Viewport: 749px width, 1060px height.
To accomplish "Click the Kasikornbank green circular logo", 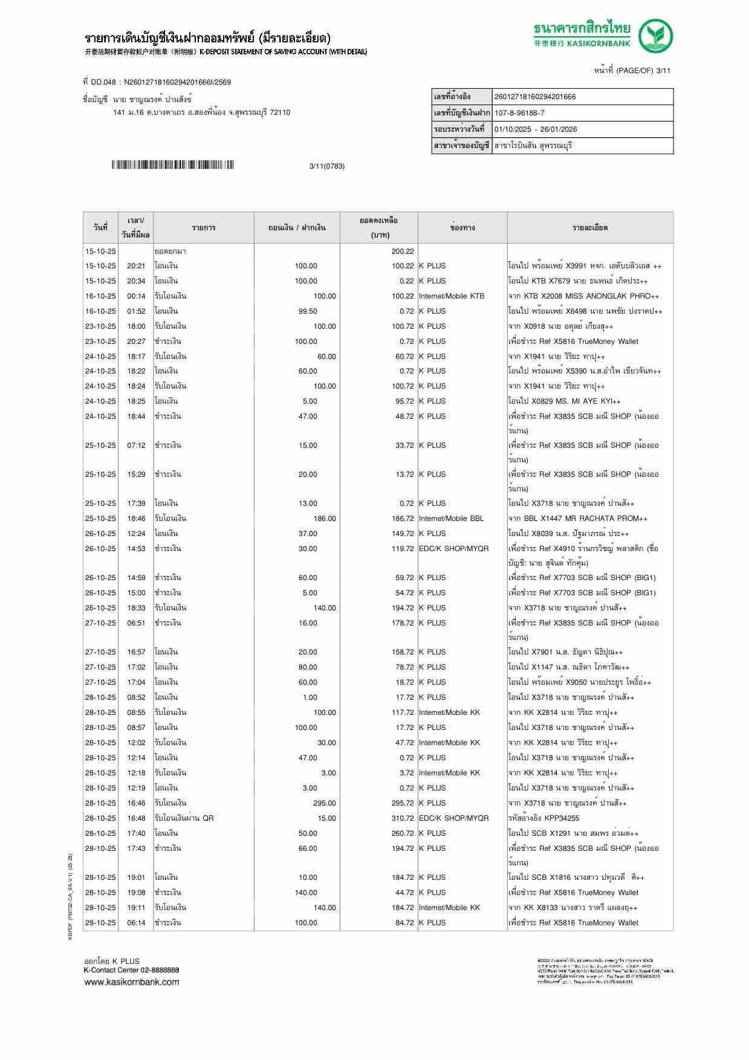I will [x=656, y=36].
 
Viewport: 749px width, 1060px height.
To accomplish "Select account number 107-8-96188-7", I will [x=519, y=113].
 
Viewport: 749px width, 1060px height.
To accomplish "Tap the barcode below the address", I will [x=172, y=165].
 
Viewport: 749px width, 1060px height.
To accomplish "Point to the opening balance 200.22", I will [x=403, y=251].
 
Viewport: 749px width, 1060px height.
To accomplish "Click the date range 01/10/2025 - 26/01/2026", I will [x=536, y=129].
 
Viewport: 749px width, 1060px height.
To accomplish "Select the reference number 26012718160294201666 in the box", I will [x=535, y=97].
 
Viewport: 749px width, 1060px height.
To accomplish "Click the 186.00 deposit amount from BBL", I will [x=325, y=519].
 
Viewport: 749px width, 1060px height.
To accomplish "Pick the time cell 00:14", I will [x=136, y=296].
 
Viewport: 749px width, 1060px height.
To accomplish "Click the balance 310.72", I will [x=403, y=818].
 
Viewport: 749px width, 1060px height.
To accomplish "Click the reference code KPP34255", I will [x=562, y=818].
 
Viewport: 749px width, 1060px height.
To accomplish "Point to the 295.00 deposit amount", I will [x=325, y=803].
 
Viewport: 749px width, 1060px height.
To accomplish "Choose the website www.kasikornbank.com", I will [x=132, y=981].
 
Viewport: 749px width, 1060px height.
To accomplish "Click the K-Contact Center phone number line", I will [x=131, y=970].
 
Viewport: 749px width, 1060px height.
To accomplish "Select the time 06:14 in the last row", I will [x=136, y=923].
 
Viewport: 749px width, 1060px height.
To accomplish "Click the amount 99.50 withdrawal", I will [x=308, y=311].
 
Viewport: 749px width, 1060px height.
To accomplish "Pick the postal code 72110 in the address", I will [x=280, y=112].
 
